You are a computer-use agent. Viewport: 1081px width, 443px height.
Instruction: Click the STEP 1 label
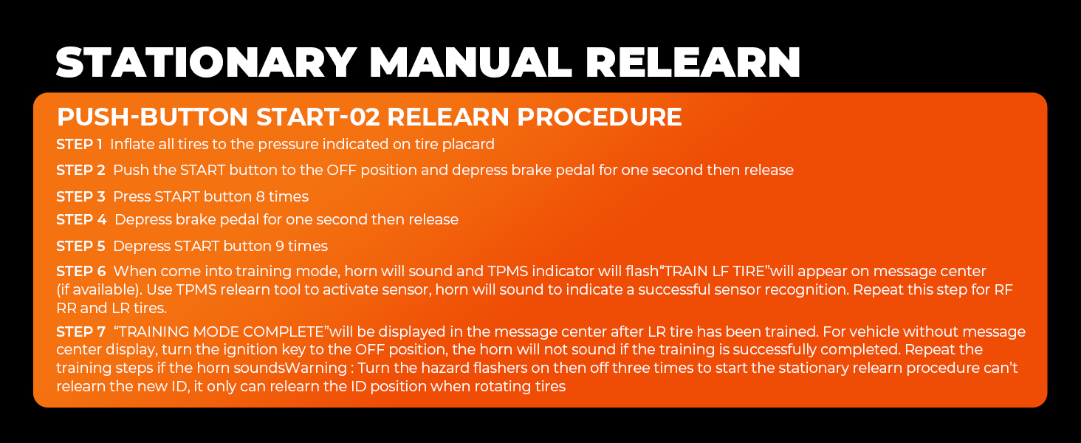pos(80,144)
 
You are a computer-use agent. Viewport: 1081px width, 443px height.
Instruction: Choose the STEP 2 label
pos(80,171)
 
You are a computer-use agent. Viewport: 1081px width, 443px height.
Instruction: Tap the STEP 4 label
pos(81,220)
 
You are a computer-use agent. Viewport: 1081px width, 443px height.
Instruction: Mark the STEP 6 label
pos(80,272)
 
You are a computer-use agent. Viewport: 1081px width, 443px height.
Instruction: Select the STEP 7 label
pos(80,332)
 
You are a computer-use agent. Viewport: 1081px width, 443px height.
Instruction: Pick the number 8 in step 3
pos(259,197)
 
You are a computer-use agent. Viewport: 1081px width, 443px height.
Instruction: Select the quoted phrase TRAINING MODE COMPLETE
pos(221,332)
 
